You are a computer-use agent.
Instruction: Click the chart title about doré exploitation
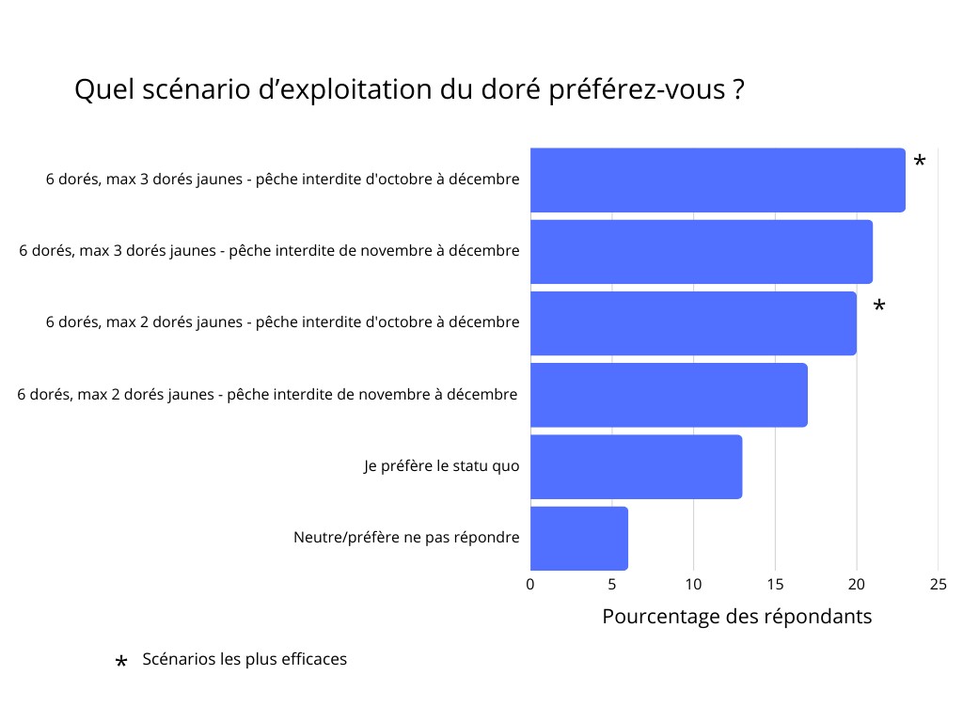(x=410, y=90)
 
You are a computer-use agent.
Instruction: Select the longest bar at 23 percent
(x=718, y=180)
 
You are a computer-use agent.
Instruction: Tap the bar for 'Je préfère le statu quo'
(x=636, y=466)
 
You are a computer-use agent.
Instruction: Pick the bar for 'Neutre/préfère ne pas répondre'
(x=578, y=538)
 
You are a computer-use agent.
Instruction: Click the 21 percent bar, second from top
(x=701, y=251)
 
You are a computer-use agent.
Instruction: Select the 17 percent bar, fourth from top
(x=669, y=395)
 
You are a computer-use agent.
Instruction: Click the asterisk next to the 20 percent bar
(x=878, y=307)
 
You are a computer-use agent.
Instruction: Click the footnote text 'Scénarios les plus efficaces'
(x=245, y=659)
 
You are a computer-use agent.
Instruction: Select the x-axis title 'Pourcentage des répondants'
(x=736, y=617)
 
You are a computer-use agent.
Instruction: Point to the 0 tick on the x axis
(x=530, y=585)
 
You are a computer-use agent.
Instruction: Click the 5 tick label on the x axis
(x=612, y=585)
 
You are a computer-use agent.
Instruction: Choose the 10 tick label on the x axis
(x=693, y=585)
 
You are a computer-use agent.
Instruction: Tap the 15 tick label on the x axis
(x=775, y=585)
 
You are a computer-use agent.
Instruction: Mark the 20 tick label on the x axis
(x=856, y=585)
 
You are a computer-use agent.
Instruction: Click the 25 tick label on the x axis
(x=938, y=585)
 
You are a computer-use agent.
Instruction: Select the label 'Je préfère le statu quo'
(x=441, y=466)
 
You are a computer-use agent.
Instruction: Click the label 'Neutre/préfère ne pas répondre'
(x=406, y=538)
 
